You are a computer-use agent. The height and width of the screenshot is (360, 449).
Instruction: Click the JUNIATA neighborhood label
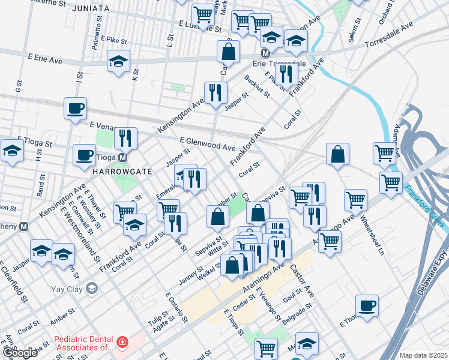pyautogui.click(x=90, y=9)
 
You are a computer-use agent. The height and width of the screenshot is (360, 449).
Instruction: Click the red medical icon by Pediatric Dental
pyautogui.click(x=122, y=343)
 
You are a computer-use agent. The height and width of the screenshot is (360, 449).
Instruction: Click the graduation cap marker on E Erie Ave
pyautogui.click(x=118, y=62)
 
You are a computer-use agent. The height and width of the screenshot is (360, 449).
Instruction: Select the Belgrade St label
pyautogui.click(x=299, y=315)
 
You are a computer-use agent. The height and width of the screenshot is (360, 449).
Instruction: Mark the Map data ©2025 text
pyautogui.click(x=423, y=355)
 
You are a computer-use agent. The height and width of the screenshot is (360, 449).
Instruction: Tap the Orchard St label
pyautogui.click(x=384, y=15)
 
